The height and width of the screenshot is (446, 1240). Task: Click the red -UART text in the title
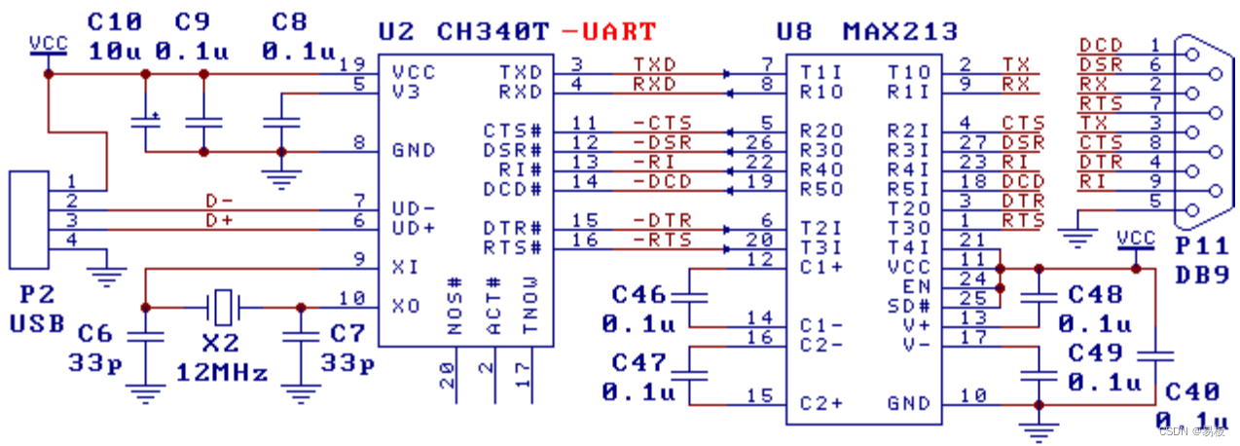click(609, 31)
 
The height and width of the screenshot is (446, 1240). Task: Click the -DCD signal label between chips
click(662, 181)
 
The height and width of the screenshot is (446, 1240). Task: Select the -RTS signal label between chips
click(662, 240)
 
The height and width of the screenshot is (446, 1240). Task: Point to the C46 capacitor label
click(639, 293)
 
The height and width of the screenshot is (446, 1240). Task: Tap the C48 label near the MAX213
click(1095, 293)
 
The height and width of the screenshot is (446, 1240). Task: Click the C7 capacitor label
click(346, 333)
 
